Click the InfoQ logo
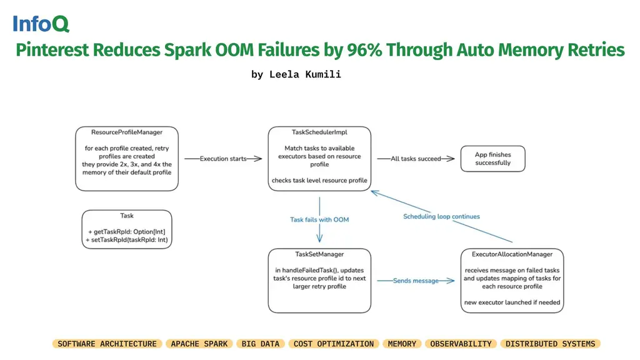click(41, 24)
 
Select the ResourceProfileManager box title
click(127, 132)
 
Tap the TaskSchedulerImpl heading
click(319, 132)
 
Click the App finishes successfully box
click(492, 159)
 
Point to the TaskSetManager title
click(319, 254)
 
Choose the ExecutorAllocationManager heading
click(512, 254)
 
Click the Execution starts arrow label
click(223, 159)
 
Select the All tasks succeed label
click(416, 159)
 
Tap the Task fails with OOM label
click(319, 220)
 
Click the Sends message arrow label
click(416, 281)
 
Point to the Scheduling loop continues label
click(441, 217)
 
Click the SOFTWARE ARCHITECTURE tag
click(107, 344)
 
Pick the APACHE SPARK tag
click(199, 344)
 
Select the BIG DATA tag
click(261, 344)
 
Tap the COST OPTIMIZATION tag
click(334, 344)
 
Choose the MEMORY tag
click(402, 344)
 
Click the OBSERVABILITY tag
click(461, 344)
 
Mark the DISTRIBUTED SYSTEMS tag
click(550, 344)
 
